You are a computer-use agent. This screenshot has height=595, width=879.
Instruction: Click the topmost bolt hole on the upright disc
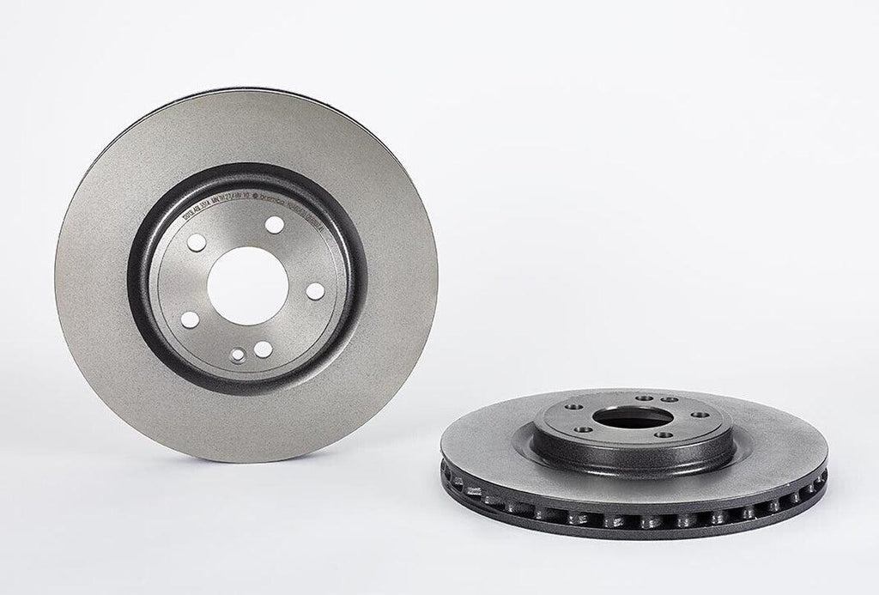coord(274,225)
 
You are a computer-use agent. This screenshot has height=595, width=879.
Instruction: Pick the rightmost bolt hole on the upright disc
coord(315,290)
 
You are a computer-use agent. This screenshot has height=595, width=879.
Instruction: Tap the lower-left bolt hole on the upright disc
coord(188,320)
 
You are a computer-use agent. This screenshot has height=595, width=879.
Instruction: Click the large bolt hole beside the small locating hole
coord(263,349)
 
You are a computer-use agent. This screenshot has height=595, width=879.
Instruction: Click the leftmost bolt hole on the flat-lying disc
coord(573,408)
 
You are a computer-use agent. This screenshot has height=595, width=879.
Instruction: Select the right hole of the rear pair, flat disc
coord(666,400)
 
